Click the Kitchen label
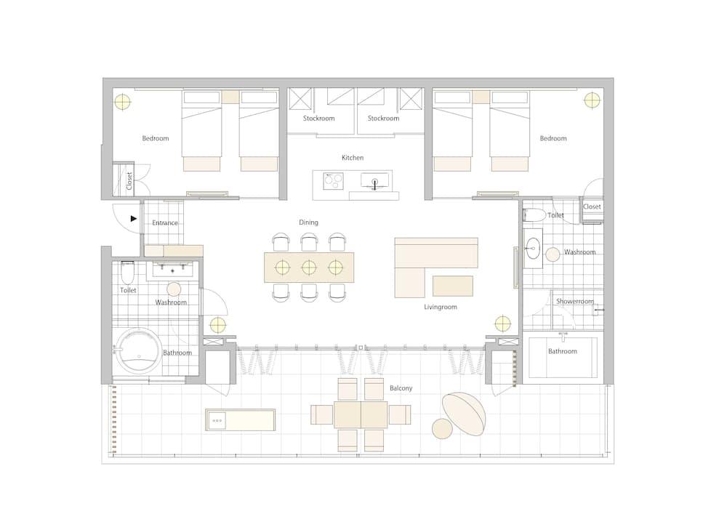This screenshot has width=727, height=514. (353, 158)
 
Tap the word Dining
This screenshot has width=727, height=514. (308, 222)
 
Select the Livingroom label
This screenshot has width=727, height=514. (441, 307)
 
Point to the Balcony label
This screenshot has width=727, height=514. (401, 388)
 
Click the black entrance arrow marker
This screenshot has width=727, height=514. (134, 217)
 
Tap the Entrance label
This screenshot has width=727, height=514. (165, 223)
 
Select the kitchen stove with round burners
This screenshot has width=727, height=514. (334, 180)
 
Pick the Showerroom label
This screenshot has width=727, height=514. (574, 301)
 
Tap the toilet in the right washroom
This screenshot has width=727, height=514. (534, 214)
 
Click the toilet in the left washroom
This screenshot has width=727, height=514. (128, 273)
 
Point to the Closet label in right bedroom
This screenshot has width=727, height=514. (593, 206)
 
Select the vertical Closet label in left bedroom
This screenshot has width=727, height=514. (129, 180)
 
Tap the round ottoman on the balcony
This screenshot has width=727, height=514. (442, 429)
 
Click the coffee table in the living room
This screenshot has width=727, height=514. (452, 286)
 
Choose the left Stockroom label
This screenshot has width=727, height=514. (319, 119)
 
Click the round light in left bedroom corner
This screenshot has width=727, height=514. (123, 102)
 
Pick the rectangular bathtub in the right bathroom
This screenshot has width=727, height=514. (563, 357)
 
